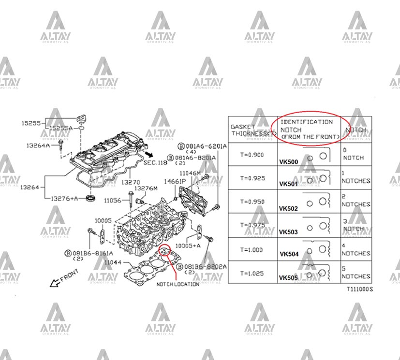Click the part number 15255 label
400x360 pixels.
(x=31, y=123)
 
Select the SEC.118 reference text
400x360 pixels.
(x=155, y=163)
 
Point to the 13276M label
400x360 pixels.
(x=146, y=188)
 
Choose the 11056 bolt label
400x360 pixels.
(x=112, y=200)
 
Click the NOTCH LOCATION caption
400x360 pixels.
(x=178, y=284)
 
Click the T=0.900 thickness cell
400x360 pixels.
(x=252, y=154)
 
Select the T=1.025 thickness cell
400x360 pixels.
(x=252, y=273)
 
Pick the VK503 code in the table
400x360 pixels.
(x=289, y=232)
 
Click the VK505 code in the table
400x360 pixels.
(x=288, y=278)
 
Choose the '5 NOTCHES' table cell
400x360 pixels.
(x=356, y=273)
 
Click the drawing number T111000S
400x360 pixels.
(x=360, y=289)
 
